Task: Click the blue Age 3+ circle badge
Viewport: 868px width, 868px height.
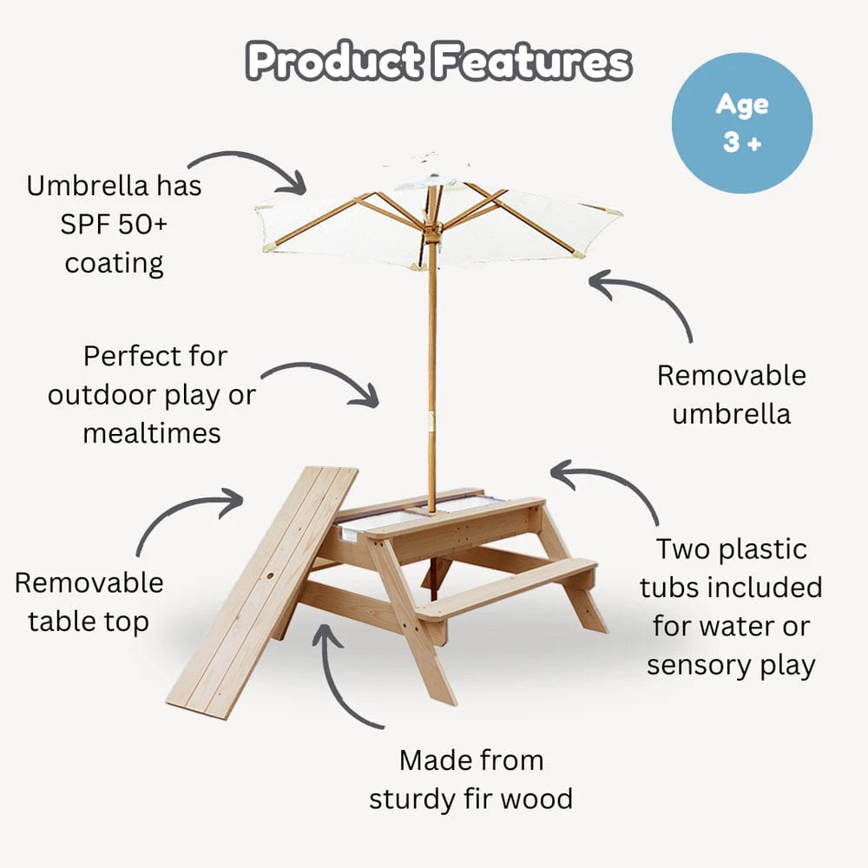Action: [x=742, y=122]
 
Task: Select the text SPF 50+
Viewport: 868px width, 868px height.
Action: [x=114, y=224]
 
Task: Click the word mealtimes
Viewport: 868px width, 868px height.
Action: [x=152, y=432]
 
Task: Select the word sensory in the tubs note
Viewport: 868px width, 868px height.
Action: [x=703, y=665]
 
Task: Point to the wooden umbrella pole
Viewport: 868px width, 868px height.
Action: [x=431, y=365]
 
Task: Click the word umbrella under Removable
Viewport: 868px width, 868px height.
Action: [x=731, y=413]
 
